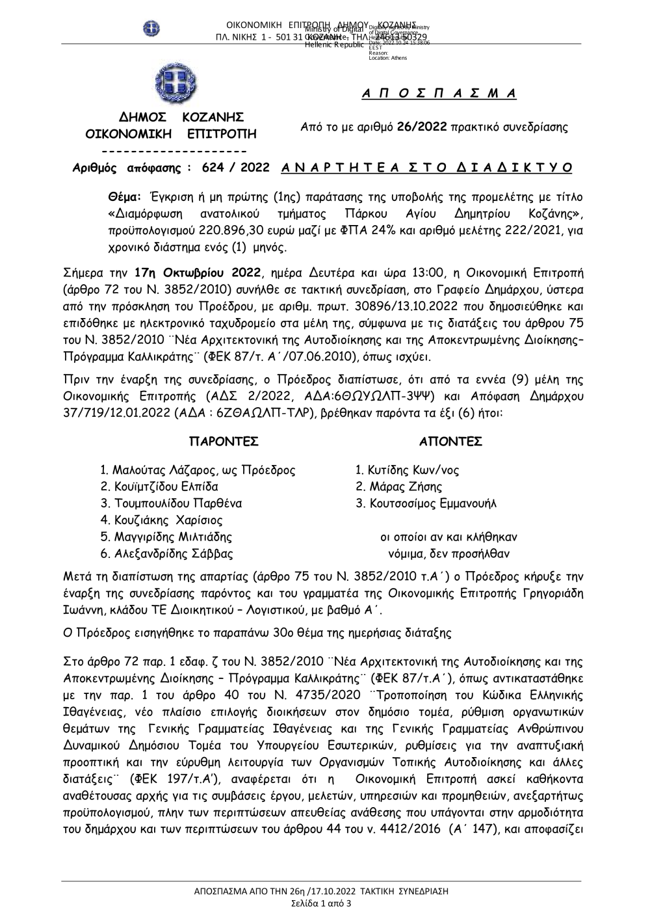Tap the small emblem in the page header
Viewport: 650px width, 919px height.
click(x=151, y=29)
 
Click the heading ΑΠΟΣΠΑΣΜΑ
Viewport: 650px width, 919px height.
click(x=439, y=94)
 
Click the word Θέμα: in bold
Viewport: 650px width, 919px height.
click(x=125, y=196)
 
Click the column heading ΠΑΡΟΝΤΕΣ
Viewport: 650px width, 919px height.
click(x=224, y=442)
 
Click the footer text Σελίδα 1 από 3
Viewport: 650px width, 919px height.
click(x=321, y=904)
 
